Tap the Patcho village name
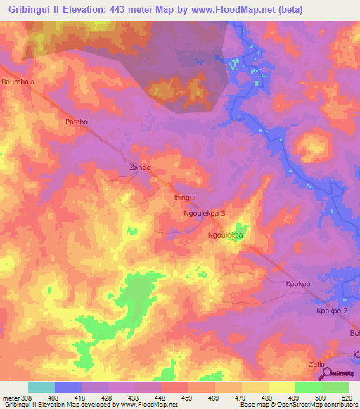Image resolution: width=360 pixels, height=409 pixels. point(76,122)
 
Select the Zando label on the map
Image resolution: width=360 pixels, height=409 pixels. point(140,168)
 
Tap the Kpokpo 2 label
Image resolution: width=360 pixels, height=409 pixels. point(332,311)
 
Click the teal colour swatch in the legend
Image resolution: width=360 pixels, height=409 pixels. point(41,387)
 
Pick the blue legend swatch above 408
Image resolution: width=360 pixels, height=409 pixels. point(68,387)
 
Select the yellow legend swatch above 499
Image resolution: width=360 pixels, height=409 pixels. point(281,387)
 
